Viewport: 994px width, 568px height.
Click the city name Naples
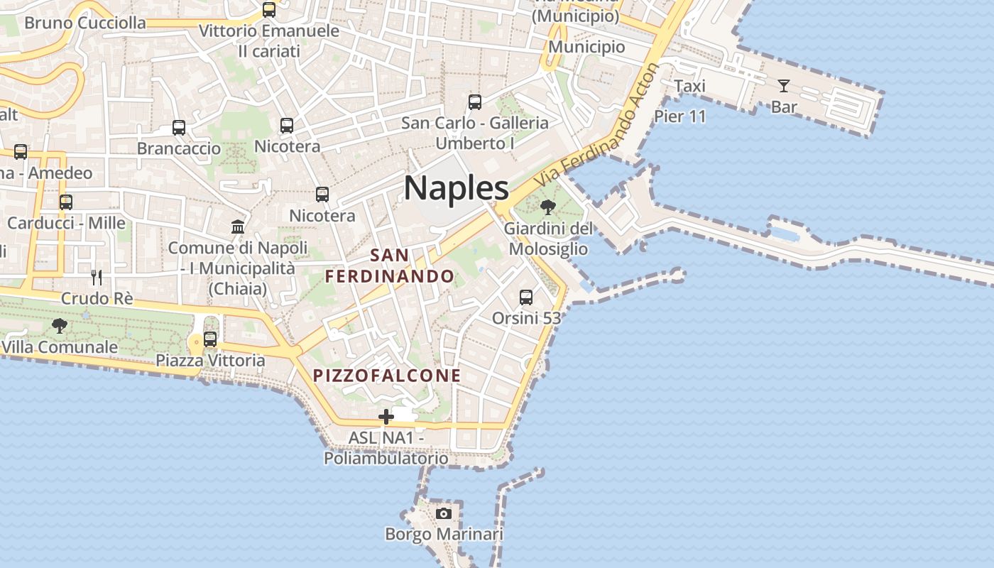[x=456, y=188]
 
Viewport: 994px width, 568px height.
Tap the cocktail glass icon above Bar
[x=784, y=86]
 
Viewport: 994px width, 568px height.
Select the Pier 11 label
[x=679, y=116]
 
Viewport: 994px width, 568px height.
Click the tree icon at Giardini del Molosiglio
[x=547, y=207]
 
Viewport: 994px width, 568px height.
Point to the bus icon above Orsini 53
[x=526, y=297]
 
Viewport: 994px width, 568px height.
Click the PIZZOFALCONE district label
[x=387, y=376]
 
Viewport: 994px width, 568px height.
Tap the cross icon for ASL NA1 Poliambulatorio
[x=386, y=417]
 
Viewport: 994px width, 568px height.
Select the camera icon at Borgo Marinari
[x=444, y=513]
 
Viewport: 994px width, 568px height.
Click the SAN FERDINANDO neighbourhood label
[x=390, y=266]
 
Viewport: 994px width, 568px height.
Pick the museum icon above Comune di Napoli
[x=238, y=227]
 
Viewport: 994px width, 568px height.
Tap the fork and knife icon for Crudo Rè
[x=97, y=277]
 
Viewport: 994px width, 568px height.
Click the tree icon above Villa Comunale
[x=60, y=326]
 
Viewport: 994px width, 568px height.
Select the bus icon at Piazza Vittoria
[x=210, y=339]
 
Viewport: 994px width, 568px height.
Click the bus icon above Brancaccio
[x=179, y=128]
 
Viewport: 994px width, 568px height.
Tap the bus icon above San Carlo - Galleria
[x=475, y=102]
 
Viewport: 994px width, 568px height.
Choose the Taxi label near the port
[x=689, y=86]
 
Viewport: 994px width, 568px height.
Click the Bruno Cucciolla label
[x=85, y=23]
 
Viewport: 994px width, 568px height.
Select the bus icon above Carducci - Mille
[x=66, y=202]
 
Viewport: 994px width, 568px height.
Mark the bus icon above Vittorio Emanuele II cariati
[x=269, y=10]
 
